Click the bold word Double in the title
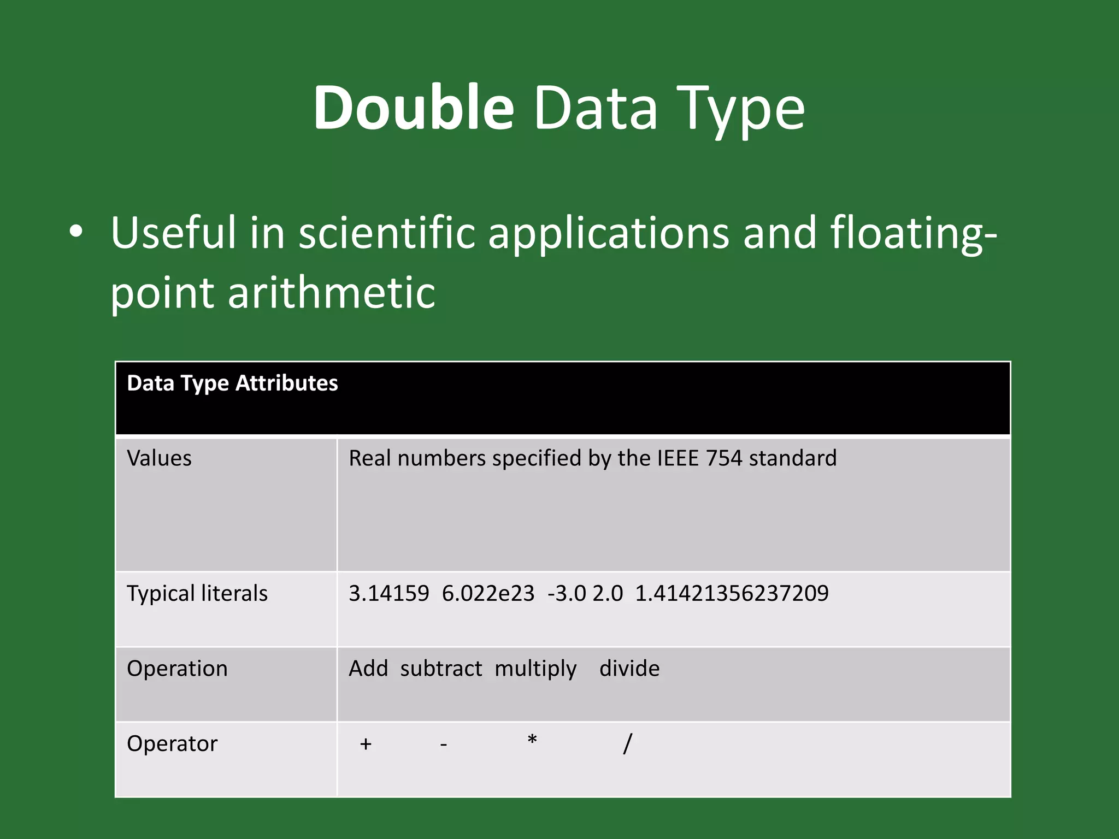tap(413, 108)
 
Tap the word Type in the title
tap(743, 109)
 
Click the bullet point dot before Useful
tap(76, 233)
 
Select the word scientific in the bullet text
tap(387, 233)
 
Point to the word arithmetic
tap(331, 292)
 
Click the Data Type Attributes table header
tap(232, 383)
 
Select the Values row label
tap(159, 458)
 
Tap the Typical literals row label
tap(197, 594)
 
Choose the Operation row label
tap(177, 669)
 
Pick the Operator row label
tap(172, 744)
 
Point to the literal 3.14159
tap(389, 594)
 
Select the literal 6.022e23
tap(488, 594)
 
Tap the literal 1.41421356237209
tap(732, 594)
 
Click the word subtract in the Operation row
tap(441, 669)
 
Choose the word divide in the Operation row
tap(629, 669)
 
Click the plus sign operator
tap(366, 744)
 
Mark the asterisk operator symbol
tap(532, 741)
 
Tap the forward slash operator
tap(627, 744)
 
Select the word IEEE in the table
tap(678, 458)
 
